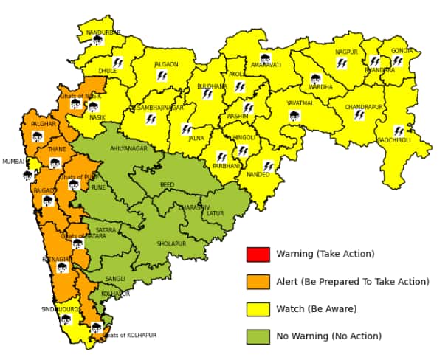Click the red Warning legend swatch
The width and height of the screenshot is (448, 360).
258,255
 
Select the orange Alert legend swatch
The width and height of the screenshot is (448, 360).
258,282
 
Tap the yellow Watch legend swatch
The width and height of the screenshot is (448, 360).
258,309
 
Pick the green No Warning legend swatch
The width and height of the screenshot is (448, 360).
258,336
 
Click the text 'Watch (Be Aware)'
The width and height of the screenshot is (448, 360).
316,309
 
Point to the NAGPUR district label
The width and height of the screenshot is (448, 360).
346,52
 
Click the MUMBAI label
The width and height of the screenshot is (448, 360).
13,162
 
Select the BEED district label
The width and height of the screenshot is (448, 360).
168,185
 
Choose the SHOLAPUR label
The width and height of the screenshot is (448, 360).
171,243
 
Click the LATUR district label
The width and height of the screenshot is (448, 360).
215,214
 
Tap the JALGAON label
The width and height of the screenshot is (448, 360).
166,64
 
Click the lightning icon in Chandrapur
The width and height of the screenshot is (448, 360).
359,114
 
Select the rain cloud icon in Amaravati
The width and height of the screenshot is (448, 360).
265,58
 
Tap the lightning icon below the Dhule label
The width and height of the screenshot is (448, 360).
117,63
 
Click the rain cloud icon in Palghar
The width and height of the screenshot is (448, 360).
38,136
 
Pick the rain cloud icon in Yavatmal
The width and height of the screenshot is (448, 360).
294,116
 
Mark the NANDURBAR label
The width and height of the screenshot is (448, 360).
103,32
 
